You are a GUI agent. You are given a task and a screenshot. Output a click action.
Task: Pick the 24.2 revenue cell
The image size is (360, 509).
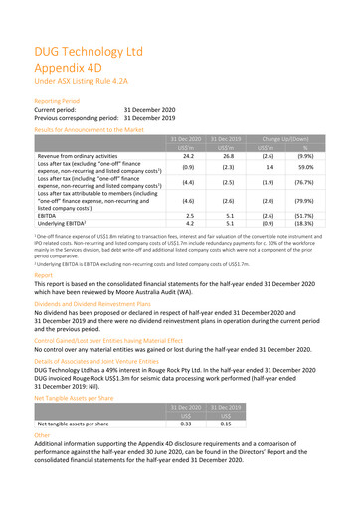click(x=181, y=156)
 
